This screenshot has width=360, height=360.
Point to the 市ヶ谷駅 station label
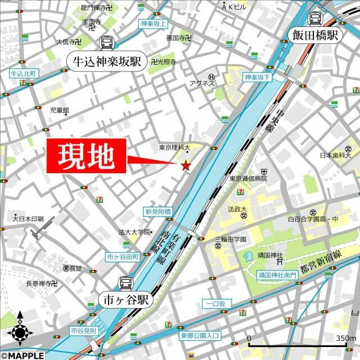[125, 300]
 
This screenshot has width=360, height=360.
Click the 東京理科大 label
[175, 147]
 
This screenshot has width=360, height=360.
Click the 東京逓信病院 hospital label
[248, 178]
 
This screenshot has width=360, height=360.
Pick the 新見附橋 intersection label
[158, 212]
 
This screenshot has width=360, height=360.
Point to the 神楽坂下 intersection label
[258, 77]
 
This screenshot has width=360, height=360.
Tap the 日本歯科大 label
[335, 155]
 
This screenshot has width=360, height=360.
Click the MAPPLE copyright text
[22, 355]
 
